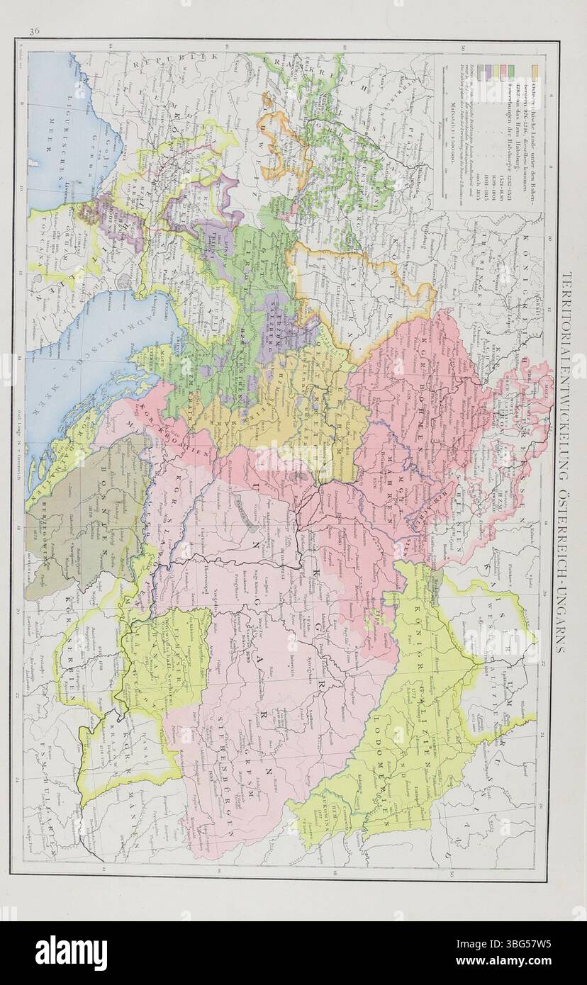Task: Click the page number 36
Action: pos(33,30)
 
